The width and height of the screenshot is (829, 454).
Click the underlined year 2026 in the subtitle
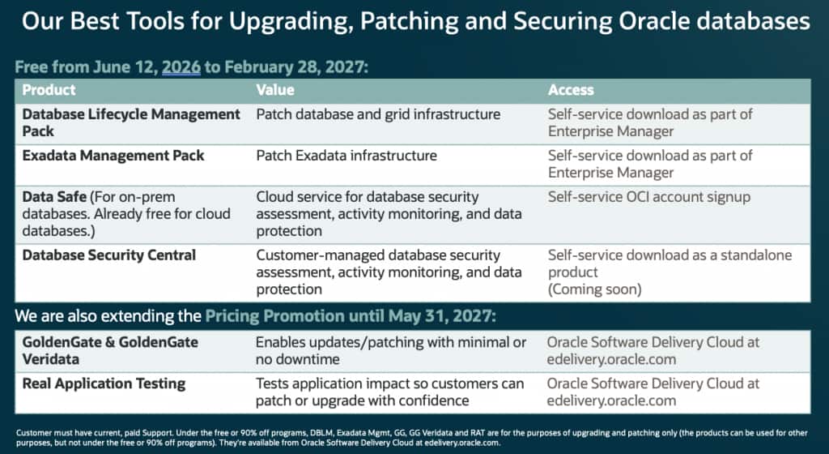click(x=181, y=67)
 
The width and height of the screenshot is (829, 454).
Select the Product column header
click(x=49, y=90)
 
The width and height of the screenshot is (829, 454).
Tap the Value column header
click(x=275, y=90)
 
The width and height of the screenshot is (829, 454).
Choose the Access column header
click(x=571, y=90)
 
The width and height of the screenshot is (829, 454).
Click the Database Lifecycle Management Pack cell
click(x=131, y=122)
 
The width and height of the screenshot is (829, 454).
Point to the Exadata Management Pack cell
click(x=113, y=156)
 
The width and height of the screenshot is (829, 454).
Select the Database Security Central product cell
click(x=109, y=255)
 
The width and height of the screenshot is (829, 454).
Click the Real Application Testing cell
click(x=104, y=383)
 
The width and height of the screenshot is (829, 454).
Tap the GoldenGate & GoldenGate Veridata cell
click(x=110, y=350)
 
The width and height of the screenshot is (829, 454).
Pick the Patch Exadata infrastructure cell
click(x=346, y=156)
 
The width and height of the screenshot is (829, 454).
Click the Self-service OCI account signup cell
click(x=649, y=197)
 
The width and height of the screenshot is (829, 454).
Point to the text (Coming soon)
click(x=595, y=289)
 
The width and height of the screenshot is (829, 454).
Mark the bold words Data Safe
click(x=54, y=197)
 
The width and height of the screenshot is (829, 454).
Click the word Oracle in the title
click(x=654, y=22)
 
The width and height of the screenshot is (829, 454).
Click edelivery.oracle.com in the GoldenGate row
click(x=612, y=359)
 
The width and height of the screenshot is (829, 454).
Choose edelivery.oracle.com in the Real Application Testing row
click(x=612, y=400)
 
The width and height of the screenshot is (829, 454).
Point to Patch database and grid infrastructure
click(x=379, y=114)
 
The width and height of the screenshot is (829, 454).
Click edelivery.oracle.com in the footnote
click(x=461, y=443)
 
